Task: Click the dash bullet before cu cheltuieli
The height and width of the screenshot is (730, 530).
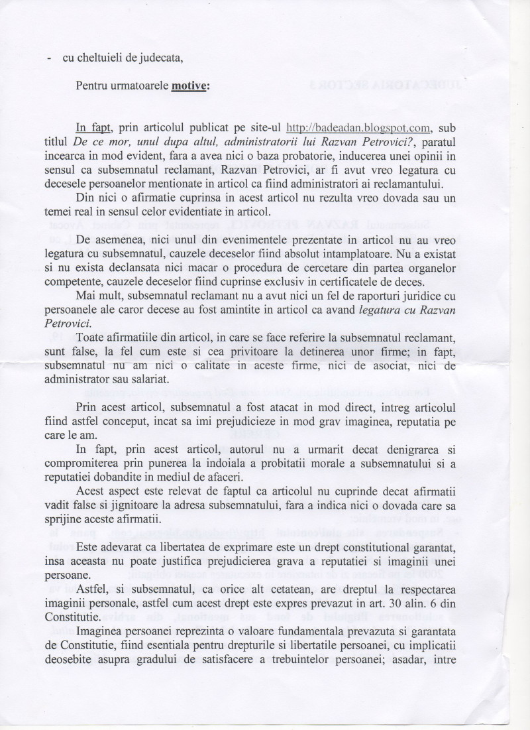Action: pos(51,58)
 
